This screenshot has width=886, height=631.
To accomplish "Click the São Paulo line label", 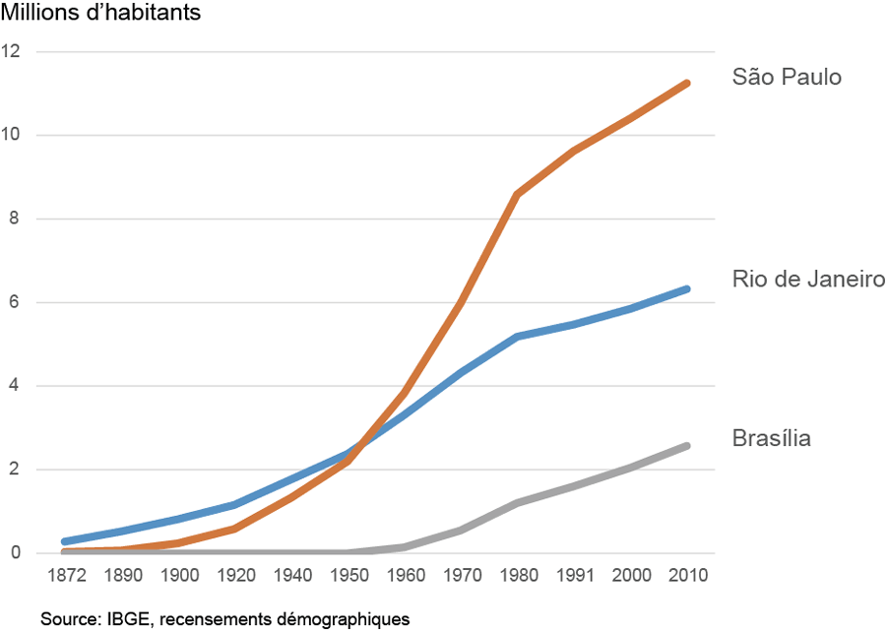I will (x=787, y=77).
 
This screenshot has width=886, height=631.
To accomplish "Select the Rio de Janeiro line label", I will (x=808, y=280).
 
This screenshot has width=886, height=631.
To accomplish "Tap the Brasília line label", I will (x=772, y=438).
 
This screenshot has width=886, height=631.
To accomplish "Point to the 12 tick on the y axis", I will (x=12, y=51).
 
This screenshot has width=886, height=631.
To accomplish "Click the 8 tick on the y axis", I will (x=16, y=219).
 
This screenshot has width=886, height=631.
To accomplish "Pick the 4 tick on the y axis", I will (x=16, y=386).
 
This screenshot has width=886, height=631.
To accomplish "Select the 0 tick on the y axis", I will (x=16, y=553).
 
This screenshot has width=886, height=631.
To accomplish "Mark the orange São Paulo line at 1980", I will (x=517, y=194).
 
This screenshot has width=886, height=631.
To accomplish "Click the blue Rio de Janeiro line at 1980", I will (x=517, y=337).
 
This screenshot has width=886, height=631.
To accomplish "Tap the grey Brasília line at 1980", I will (x=517, y=503).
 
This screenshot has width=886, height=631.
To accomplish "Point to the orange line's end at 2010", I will (x=687, y=83).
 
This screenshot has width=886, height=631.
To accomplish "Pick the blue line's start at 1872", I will (x=64, y=541).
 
